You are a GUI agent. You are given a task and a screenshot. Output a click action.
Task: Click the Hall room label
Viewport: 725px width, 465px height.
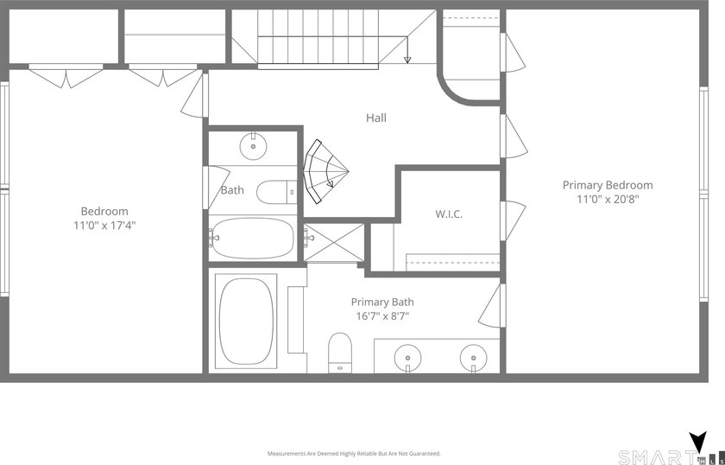click(376, 118)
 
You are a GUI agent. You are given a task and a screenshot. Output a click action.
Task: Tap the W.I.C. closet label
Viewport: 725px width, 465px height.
click(449, 214)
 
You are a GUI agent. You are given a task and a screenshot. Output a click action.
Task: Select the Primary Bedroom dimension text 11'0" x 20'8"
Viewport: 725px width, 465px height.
click(608, 200)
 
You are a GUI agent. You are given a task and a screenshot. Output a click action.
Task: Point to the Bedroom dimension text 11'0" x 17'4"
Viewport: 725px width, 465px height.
click(104, 226)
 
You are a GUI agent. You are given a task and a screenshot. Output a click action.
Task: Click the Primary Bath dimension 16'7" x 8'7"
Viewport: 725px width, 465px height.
click(381, 316)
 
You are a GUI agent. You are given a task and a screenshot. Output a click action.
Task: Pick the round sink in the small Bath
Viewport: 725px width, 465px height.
click(254, 146)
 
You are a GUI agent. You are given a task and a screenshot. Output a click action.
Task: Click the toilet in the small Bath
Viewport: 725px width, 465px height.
click(276, 192)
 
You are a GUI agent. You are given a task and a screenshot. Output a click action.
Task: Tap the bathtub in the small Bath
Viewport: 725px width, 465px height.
click(252, 239)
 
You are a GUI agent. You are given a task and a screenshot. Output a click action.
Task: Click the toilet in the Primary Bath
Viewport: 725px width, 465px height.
click(340, 353)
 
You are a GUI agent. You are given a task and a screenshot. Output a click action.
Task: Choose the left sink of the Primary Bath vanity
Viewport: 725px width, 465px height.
click(407, 358)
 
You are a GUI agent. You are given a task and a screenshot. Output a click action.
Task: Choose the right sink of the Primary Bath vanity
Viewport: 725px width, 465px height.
click(474, 358)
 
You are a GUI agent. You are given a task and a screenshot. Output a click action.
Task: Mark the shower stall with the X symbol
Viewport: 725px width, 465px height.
click(334, 243)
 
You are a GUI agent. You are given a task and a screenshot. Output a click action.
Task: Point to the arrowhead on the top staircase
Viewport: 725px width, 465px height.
click(407, 60)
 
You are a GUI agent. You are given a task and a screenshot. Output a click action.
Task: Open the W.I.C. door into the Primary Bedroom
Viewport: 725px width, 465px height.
click(514, 221)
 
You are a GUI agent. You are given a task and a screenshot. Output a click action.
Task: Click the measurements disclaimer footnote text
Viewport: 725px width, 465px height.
click(354, 454)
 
